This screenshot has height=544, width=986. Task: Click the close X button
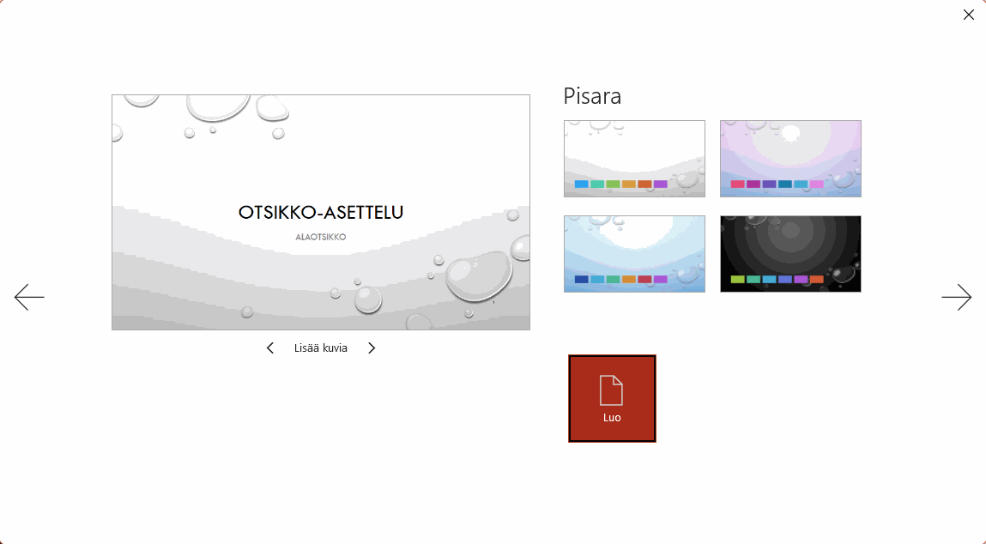pyautogui.click(x=968, y=15)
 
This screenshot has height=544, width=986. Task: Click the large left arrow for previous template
pyautogui.click(x=29, y=297)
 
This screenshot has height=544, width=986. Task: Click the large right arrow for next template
pyautogui.click(x=957, y=297)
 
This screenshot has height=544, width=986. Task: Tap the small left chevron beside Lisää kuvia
pyautogui.click(x=270, y=348)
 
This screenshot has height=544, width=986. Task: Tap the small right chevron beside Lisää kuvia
pyautogui.click(x=372, y=348)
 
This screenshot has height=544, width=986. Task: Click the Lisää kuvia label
pyautogui.click(x=321, y=348)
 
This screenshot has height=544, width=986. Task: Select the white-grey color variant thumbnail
pyautogui.click(x=634, y=159)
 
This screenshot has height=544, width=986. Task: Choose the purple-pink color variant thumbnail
pyautogui.click(x=790, y=159)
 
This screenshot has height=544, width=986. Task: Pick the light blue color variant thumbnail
pyautogui.click(x=634, y=254)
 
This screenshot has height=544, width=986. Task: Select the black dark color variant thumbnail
pyautogui.click(x=790, y=254)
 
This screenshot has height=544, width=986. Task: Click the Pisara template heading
pyautogui.click(x=592, y=96)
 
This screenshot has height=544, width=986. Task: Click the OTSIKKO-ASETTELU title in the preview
pyautogui.click(x=321, y=213)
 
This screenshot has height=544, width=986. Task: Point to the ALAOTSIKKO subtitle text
pyautogui.click(x=321, y=237)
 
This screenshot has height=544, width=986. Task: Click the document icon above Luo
pyautogui.click(x=611, y=390)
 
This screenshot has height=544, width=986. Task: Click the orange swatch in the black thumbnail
pyautogui.click(x=816, y=279)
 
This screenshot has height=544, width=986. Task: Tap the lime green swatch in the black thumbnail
pyautogui.click(x=738, y=279)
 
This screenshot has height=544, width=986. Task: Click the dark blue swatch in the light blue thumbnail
pyautogui.click(x=582, y=279)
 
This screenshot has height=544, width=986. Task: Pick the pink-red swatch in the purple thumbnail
pyautogui.click(x=738, y=184)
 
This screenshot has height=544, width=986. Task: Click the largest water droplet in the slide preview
pyautogui.click(x=479, y=275)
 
